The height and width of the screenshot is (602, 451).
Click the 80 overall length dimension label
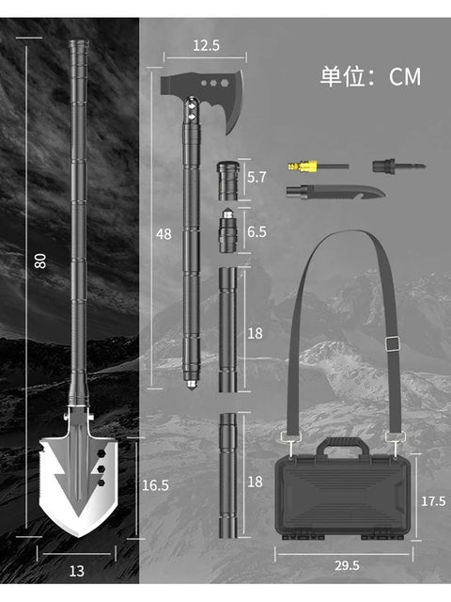pyautogui.click(x=39, y=261)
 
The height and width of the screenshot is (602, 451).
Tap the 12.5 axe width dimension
pyautogui.click(x=207, y=45)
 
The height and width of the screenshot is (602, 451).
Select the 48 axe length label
pyautogui.click(x=163, y=234)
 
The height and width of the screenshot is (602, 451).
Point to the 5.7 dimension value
pyautogui.click(x=257, y=177)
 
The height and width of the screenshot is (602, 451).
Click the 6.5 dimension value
pyautogui.click(x=257, y=232)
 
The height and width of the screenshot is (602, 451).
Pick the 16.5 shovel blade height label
pyautogui.click(x=155, y=485)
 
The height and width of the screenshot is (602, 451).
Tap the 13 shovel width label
pyautogui.click(x=77, y=571)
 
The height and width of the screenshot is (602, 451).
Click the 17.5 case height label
pyautogui.click(x=433, y=501)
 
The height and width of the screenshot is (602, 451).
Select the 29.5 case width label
pyautogui.click(x=347, y=565)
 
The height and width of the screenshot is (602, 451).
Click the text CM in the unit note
pyautogui.click(x=405, y=77)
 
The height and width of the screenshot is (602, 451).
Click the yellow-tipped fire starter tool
pyautogui.click(x=318, y=166)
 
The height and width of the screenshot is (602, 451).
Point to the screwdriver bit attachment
pyautogui.click(x=398, y=166)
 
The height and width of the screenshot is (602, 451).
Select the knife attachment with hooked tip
pyautogui.click(x=335, y=192)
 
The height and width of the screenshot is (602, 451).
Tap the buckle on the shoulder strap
pyautogui.click(x=393, y=343)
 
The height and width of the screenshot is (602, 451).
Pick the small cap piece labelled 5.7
pyautogui.click(x=227, y=181)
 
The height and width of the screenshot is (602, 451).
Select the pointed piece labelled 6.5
pyautogui.click(x=227, y=230)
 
